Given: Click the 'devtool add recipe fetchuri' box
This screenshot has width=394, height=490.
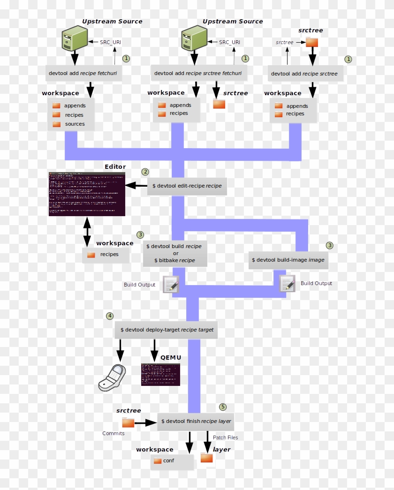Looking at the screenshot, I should point(83,74).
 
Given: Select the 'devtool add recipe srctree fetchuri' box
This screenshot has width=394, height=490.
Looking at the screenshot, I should point(199,74).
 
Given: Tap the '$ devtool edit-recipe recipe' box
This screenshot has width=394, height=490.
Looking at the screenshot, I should point(187,186).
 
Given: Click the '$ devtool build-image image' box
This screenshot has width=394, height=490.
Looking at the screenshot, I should point(288,260).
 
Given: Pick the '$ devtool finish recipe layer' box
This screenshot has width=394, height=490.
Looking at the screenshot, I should point(196,421).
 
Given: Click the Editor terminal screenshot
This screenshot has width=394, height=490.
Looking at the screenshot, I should point(87,194).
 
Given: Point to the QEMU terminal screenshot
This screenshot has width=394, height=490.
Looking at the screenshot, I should point(160,374).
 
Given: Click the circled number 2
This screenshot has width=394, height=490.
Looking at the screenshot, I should point(145,172).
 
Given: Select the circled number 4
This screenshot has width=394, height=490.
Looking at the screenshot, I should point(110,316).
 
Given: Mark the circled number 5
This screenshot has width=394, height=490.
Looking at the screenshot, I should point(223,407).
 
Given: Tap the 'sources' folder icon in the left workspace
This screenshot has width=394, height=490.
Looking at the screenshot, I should point(57,124).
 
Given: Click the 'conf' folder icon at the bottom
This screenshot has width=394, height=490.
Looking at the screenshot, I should point(157,461).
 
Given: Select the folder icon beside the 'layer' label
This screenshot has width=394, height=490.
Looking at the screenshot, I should point(207,458).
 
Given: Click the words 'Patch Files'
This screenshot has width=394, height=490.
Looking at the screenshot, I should point(225,437).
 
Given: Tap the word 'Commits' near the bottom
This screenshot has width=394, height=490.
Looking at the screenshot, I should point(114,433).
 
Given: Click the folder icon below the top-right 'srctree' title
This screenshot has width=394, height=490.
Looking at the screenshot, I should point(312,43).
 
